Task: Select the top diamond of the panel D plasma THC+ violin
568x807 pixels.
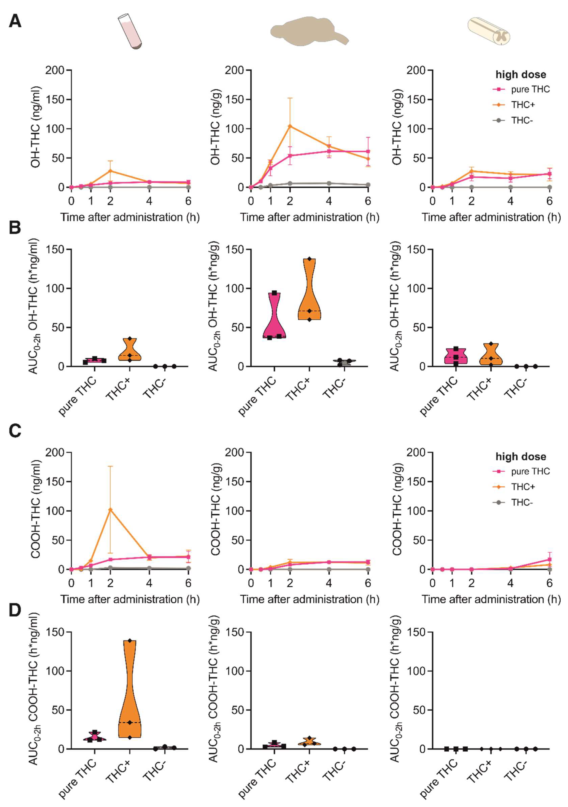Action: tap(130, 641)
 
